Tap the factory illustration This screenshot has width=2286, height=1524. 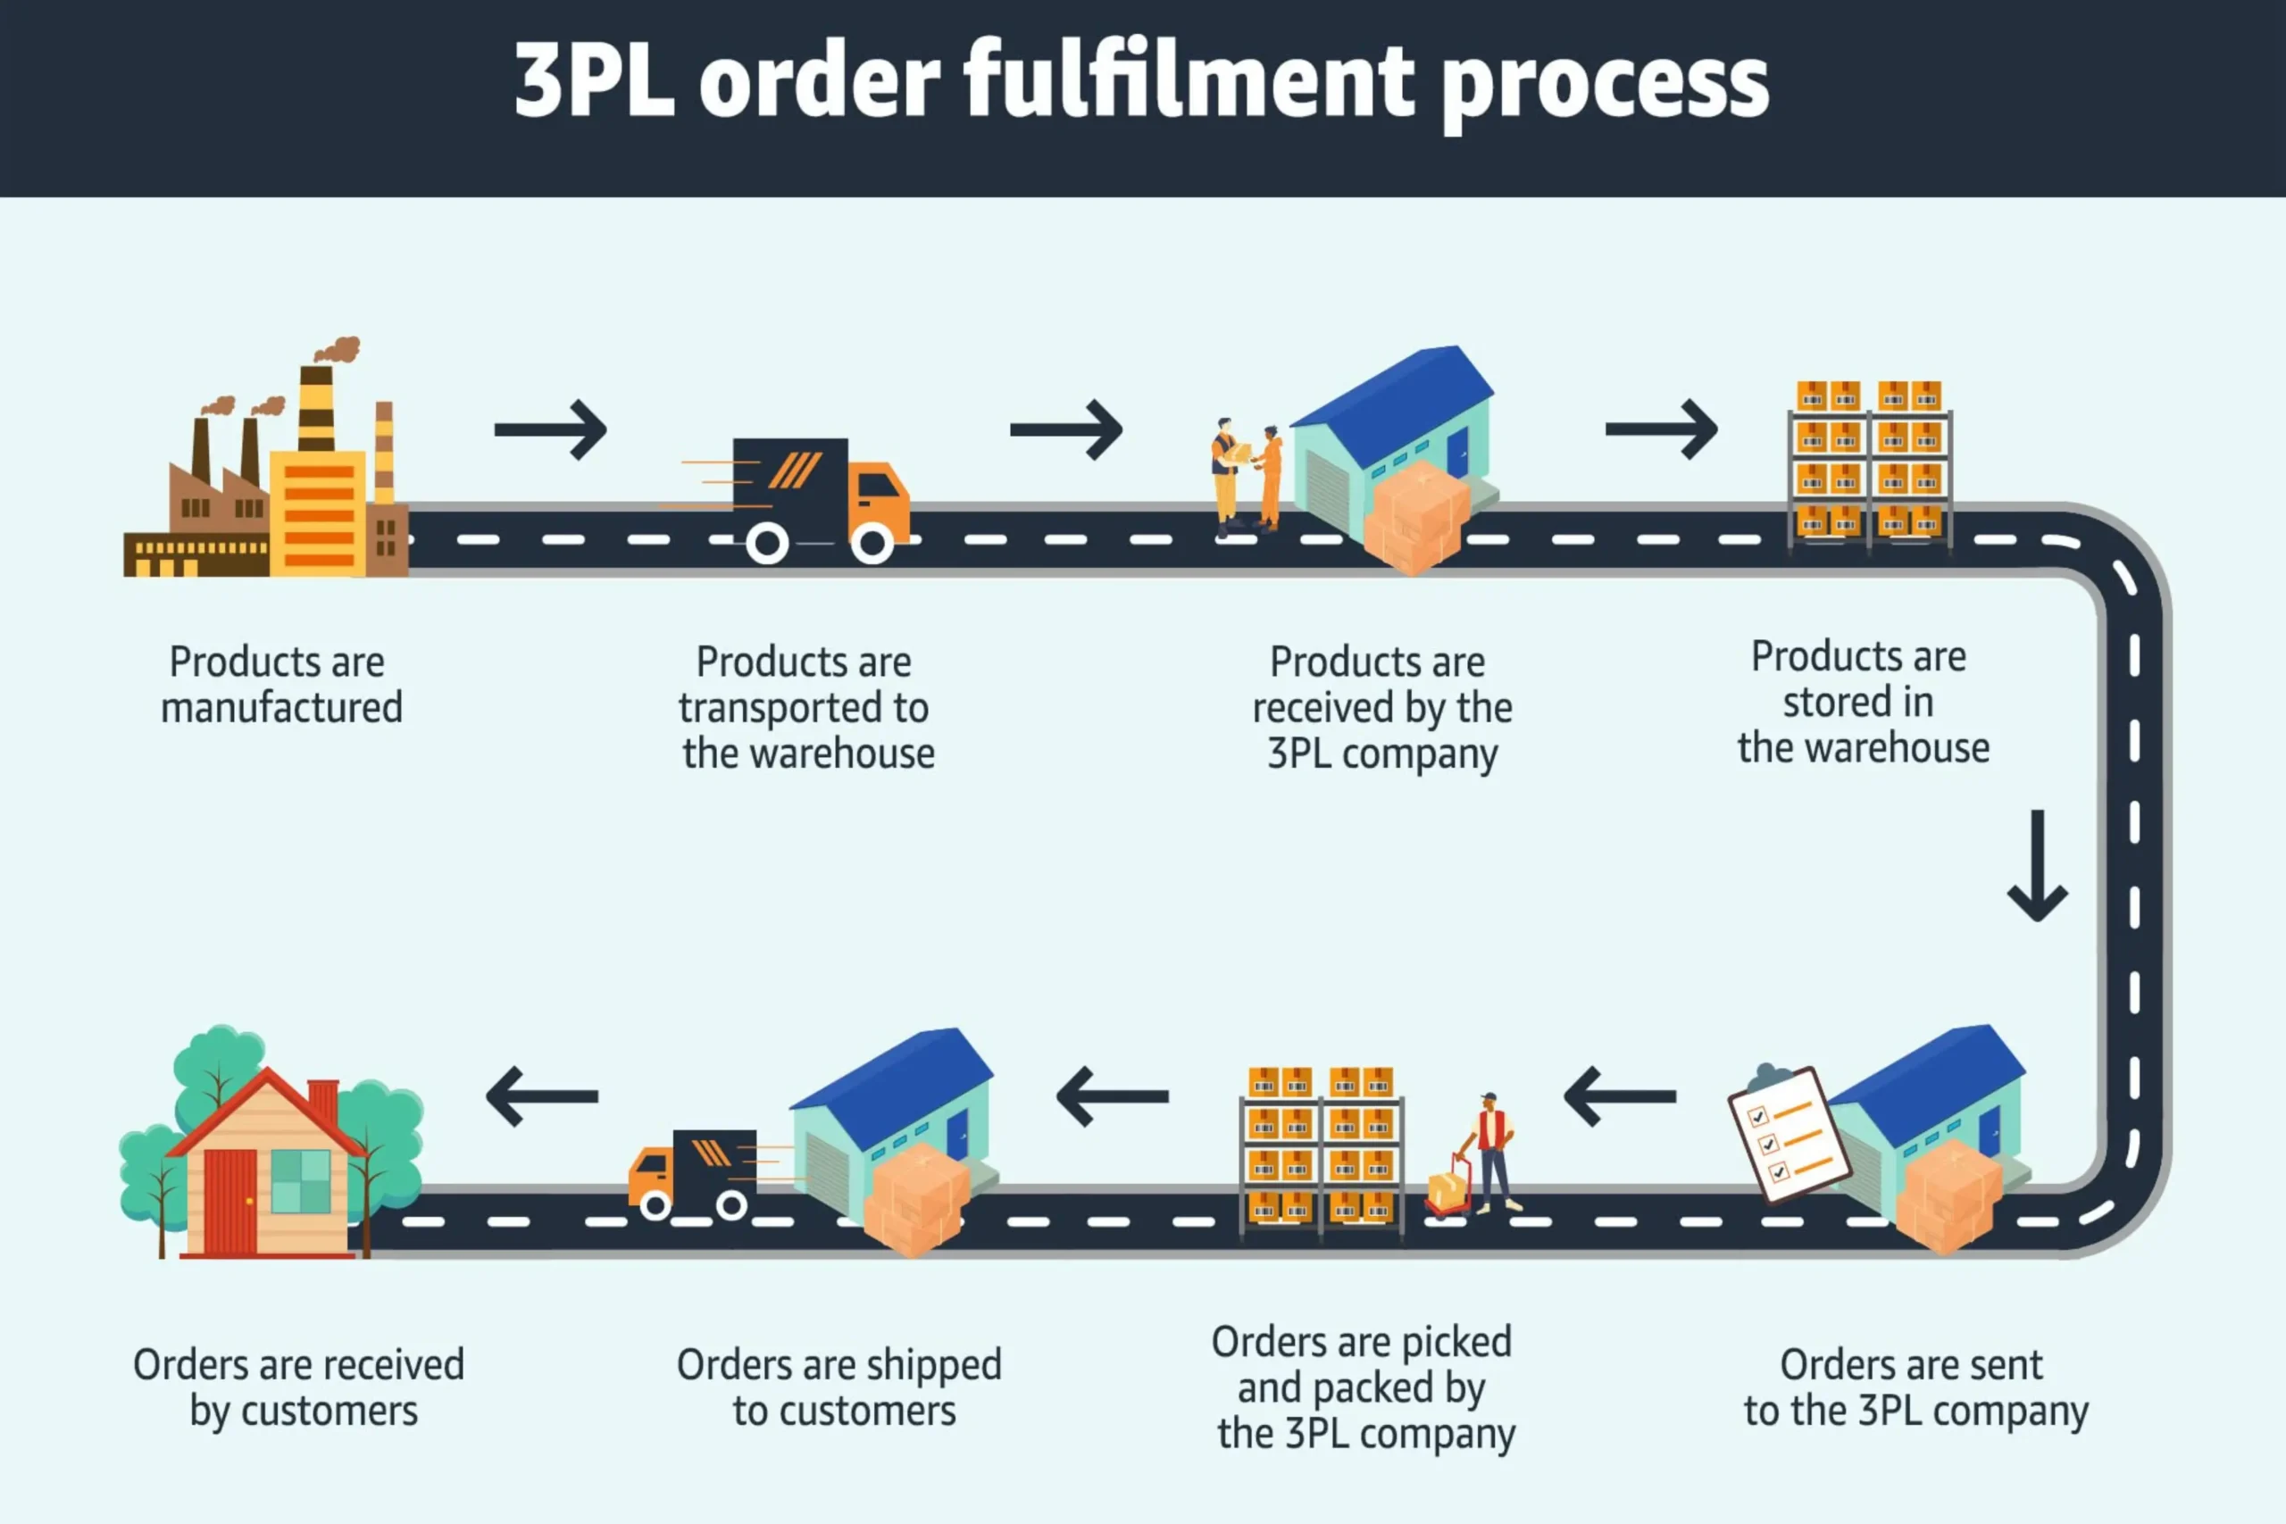[x=267, y=476]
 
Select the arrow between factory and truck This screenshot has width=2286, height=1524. [x=551, y=429]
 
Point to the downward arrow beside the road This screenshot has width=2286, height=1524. [x=2037, y=865]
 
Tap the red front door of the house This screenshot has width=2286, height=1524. [x=230, y=1202]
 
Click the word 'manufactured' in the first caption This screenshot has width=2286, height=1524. [x=282, y=708]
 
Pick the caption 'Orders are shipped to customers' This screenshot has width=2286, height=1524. [x=840, y=1388]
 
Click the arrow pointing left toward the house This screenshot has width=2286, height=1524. [x=542, y=1096]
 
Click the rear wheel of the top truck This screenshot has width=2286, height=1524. [x=767, y=544]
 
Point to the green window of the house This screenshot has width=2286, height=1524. [x=300, y=1181]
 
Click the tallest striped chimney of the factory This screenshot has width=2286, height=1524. [x=316, y=408]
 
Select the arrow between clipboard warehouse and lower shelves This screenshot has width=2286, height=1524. [x=1620, y=1096]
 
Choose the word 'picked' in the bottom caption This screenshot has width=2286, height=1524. [x=1455, y=1342]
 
